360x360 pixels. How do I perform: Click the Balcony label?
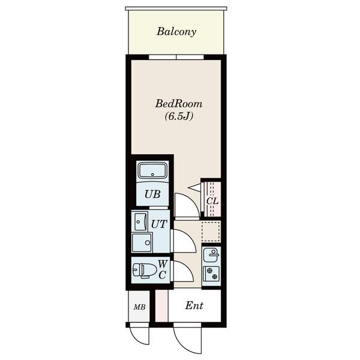(176, 31)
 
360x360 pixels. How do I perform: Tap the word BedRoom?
(179, 104)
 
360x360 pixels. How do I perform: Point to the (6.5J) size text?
(179, 116)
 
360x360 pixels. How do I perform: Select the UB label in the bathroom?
(152, 194)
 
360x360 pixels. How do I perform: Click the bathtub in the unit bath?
(152, 170)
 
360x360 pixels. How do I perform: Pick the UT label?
(159, 224)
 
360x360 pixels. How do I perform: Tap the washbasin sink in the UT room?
(140, 222)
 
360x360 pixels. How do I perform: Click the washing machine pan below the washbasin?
(142, 242)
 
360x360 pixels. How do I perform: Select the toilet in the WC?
(144, 270)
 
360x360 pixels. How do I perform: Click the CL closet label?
(212, 201)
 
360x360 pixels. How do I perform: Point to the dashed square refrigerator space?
(211, 231)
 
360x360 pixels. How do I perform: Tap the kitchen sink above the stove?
(211, 255)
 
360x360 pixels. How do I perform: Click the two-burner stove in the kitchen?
(211, 274)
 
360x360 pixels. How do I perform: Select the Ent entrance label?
(194, 305)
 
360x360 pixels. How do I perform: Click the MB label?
(140, 307)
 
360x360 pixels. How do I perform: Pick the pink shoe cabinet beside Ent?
(161, 305)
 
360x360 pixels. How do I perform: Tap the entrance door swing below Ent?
(181, 343)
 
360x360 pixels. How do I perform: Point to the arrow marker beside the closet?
(194, 187)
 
